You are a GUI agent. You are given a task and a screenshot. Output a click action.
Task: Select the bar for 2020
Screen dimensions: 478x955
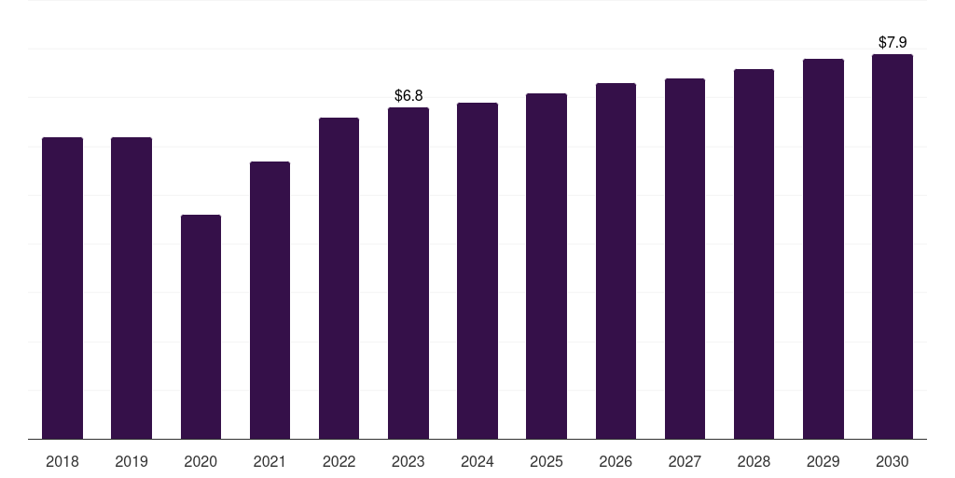pos(201,327)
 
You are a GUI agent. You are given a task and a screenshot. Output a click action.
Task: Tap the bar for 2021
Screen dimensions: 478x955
pos(270,300)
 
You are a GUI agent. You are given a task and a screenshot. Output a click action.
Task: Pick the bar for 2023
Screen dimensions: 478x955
pos(408,273)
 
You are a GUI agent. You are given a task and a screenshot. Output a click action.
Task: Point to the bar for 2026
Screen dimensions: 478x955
pos(616,260)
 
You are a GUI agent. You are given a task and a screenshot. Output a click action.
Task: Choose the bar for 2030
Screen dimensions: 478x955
pos(893,246)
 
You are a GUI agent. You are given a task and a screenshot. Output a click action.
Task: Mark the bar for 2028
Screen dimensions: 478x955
pos(754,254)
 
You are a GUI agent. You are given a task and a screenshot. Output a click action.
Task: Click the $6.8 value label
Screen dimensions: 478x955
pos(408,95)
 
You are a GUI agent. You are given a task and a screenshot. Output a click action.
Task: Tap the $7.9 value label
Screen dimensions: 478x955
pos(893,42)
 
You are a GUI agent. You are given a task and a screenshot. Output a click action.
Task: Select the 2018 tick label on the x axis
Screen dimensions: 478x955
pos(62,461)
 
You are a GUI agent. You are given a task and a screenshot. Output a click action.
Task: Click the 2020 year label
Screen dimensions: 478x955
pos(201,461)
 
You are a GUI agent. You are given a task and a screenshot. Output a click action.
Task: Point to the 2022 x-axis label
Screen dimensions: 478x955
pos(339,461)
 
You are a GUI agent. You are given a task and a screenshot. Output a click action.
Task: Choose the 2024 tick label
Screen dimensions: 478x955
pos(477,461)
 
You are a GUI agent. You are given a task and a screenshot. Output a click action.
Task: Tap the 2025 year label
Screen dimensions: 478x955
pos(547,461)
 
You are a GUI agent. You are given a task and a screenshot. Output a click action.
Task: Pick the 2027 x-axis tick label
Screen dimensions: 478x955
pos(685,461)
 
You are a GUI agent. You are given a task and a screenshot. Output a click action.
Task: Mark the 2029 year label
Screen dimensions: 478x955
pos(823,461)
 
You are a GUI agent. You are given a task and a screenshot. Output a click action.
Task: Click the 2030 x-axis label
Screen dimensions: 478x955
pos(893,461)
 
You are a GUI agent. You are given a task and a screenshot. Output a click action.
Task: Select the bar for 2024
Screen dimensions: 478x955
pos(477,271)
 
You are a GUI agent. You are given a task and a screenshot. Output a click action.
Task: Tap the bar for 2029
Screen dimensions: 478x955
pos(823,248)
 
